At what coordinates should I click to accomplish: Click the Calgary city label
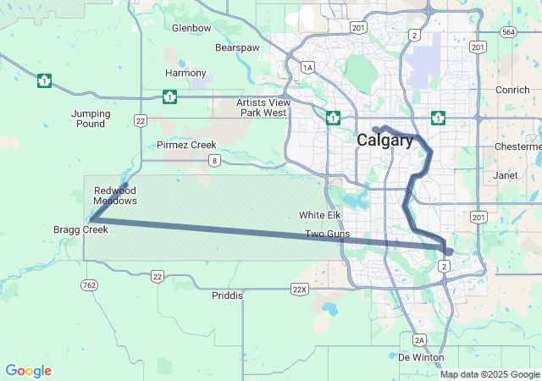pos(385,141)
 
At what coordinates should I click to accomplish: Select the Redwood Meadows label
pos(115,196)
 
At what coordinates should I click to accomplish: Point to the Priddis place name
pos(227,295)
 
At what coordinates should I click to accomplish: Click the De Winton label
pos(421,357)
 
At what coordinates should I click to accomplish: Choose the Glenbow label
pos(191,28)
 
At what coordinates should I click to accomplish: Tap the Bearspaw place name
pos(237,48)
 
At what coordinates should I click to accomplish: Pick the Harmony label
pos(185,73)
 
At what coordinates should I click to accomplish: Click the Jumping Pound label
pos(90,119)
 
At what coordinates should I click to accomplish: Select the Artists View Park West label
pos(263,108)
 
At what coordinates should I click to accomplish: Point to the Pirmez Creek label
pos(186,145)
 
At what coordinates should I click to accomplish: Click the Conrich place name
pos(512,90)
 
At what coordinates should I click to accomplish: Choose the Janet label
pos(506,175)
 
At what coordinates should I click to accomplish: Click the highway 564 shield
pos(508,31)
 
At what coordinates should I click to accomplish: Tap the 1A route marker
pos(307,67)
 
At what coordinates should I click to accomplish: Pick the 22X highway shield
pos(299,289)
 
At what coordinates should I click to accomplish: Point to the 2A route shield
pos(418,340)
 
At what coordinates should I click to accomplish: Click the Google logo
pos(28,371)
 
